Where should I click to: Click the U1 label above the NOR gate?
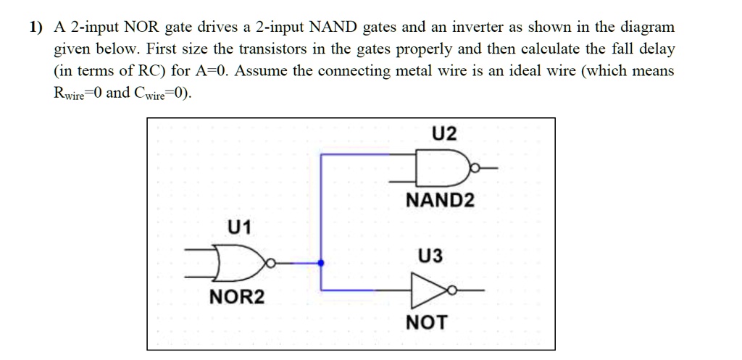(240, 227)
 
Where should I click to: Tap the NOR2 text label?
(237, 297)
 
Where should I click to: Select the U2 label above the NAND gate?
(444, 134)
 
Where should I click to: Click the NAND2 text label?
(440, 201)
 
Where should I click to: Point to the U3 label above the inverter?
(430, 256)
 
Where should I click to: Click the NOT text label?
(426, 322)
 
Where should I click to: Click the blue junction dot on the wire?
(321, 263)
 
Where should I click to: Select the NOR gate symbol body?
(239, 262)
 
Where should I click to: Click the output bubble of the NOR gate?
(270, 263)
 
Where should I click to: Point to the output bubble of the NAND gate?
(475, 167)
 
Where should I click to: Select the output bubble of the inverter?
(452, 290)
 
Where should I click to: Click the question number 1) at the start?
(36, 28)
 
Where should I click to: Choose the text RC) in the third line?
(152, 71)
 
